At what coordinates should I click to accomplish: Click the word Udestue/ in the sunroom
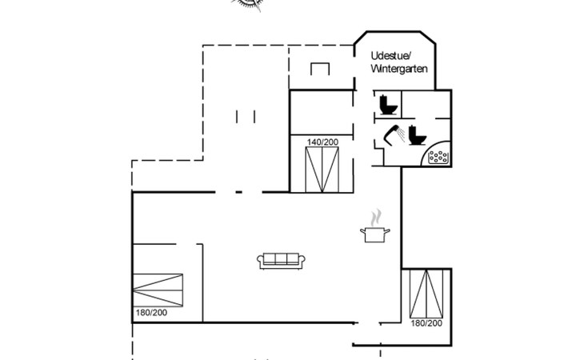coord(390,55)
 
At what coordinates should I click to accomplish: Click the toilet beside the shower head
coord(415,134)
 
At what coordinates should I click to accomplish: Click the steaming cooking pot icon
coord(374,234)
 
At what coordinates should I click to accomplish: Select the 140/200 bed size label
coord(322,142)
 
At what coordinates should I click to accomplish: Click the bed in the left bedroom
coord(158,287)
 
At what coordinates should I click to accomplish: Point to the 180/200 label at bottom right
coord(426,323)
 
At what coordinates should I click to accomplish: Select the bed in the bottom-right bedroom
coord(426,294)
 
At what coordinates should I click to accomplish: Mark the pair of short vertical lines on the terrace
coord(246,117)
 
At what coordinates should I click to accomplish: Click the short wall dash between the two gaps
coord(238,192)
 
